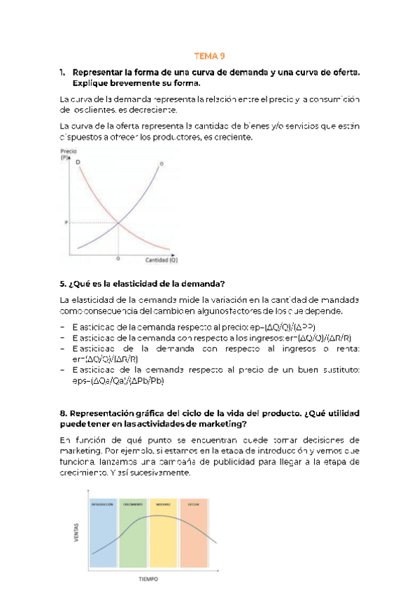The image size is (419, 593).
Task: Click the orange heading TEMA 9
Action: click(x=210, y=57)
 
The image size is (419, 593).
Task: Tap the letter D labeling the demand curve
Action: click(x=78, y=162)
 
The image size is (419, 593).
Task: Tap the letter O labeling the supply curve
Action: click(x=161, y=164)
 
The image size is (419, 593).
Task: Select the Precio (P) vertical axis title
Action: click(x=68, y=155)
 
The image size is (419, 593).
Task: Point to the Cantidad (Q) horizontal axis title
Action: click(x=161, y=259)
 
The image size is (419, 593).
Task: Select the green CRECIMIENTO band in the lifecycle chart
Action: click(x=133, y=531)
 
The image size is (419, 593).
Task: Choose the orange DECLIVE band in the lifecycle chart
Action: click(x=193, y=531)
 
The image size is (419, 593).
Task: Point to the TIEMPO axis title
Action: click(x=148, y=579)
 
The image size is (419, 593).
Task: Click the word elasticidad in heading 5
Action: click(x=121, y=283)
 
